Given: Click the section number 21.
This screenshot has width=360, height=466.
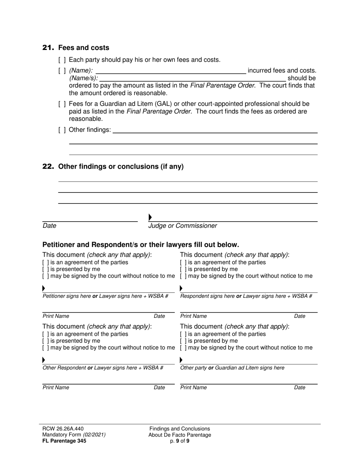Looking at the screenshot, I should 48,48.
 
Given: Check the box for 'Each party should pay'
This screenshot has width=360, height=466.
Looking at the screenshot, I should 62,60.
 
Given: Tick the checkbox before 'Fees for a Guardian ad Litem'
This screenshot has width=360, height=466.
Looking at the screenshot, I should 62,104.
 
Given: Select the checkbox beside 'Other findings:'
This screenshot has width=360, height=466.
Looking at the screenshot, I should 62,130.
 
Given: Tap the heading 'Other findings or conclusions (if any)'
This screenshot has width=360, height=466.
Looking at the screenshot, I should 121,167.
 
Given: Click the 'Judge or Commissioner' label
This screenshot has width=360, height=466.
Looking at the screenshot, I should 183,226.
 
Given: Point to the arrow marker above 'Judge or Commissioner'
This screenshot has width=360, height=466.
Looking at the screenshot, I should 150,217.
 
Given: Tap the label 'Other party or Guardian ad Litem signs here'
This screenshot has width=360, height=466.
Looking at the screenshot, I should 232,368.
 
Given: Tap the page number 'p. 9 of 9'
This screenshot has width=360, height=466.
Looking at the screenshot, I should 180,441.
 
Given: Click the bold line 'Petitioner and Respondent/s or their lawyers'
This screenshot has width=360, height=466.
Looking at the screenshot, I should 141,245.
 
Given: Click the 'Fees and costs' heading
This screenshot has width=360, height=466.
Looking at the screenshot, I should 84,48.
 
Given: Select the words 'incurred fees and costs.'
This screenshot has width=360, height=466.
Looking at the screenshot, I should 282,70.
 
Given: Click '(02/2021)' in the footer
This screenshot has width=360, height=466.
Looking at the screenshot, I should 94,435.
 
